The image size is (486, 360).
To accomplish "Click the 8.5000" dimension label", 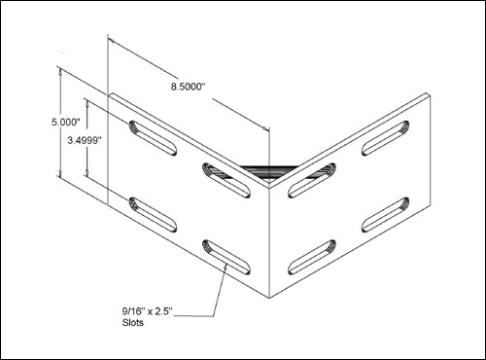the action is click(x=189, y=87).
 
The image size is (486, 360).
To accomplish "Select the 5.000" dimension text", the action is click(x=66, y=123).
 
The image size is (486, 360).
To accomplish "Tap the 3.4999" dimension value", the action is click(x=85, y=141).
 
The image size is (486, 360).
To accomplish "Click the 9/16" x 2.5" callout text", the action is click(x=148, y=311).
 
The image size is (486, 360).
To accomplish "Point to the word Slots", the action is click(x=132, y=323).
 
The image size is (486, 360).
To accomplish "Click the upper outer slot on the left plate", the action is click(x=153, y=138).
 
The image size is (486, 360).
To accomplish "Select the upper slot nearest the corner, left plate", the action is click(x=226, y=180).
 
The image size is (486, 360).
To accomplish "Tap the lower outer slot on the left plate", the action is click(x=153, y=215).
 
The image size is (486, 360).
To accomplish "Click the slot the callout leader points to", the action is click(x=226, y=257).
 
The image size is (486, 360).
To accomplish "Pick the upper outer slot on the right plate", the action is click(x=386, y=138).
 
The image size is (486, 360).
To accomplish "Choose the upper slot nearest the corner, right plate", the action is click(x=312, y=180).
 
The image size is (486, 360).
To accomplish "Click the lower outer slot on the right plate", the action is click(x=386, y=215).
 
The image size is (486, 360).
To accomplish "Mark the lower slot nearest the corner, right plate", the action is click(x=312, y=257).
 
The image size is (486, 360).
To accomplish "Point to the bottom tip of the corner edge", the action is click(x=269, y=298).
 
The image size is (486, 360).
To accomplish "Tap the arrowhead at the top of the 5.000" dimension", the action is click(x=60, y=72).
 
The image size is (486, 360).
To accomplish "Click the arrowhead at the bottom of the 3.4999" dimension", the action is click(x=87, y=172).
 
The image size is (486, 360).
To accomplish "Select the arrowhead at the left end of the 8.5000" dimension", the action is click(x=112, y=41).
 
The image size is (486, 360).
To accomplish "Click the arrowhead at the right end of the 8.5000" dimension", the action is click(x=265, y=129).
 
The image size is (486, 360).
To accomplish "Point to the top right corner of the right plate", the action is click(x=431, y=96).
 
